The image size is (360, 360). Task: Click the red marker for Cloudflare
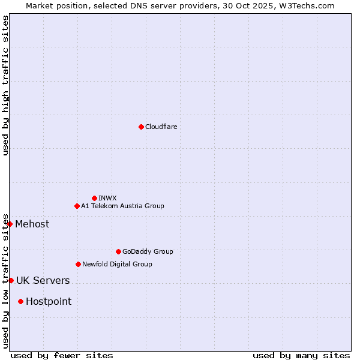(x=141, y=127)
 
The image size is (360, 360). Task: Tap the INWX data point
(x=94, y=198)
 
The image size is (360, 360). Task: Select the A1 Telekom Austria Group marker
(x=77, y=206)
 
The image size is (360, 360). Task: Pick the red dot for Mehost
(x=10, y=224)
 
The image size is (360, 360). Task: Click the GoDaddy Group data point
(x=118, y=251)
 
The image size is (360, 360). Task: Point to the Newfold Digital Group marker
(x=78, y=264)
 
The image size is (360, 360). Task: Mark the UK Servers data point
(x=11, y=280)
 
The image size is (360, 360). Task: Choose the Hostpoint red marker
(x=20, y=301)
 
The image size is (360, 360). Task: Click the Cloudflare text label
(x=161, y=127)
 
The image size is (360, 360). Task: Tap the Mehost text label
(x=32, y=224)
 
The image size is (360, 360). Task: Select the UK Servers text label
(x=43, y=281)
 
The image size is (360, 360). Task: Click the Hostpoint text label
(x=49, y=302)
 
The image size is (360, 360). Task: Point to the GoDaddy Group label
(x=148, y=252)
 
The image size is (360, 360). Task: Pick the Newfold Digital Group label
(x=117, y=264)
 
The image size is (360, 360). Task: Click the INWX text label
(x=108, y=198)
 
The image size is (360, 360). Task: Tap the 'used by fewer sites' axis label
(x=62, y=355)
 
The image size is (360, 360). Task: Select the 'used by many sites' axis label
(x=301, y=355)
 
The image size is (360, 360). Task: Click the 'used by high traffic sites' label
(x=5, y=85)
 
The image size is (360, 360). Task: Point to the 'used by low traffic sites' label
(x=5, y=281)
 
